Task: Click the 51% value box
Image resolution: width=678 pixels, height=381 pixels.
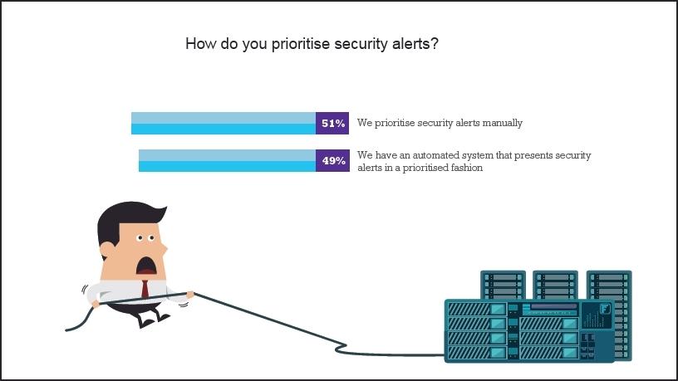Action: [x=332, y=123]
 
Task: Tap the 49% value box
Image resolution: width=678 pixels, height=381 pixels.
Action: [x=332, y=160]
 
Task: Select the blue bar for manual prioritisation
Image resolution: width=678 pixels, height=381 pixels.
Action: [x=224, y=123]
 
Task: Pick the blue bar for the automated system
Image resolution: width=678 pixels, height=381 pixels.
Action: [x=227, y=160]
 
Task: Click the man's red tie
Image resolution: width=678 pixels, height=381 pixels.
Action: [x=145, y=290]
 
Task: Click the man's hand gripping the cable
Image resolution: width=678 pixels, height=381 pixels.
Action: [x=190, y=294]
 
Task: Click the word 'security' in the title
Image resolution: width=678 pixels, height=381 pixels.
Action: [x=360, y=44]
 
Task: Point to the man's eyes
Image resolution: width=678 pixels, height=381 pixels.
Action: [x=146, y=239]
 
